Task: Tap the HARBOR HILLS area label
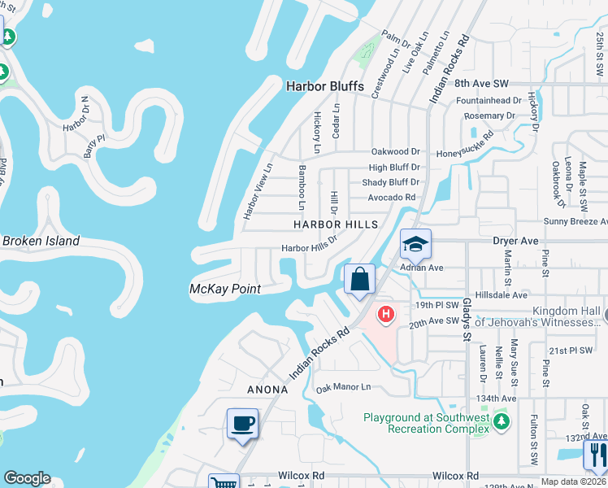click(336, 224)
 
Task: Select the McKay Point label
click(224, 289)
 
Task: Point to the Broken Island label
click(41, 241)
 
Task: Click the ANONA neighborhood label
click(267, 390)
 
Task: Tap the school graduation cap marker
click(415, 244)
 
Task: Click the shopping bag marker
click(359, 280)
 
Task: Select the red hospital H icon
click(386, 313)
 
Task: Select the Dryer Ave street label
click(515, 242)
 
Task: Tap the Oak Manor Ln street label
click(343, 388)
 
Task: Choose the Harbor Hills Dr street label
click(309, 248)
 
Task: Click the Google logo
click(27, 478)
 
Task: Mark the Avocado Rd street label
click(391, 197)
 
